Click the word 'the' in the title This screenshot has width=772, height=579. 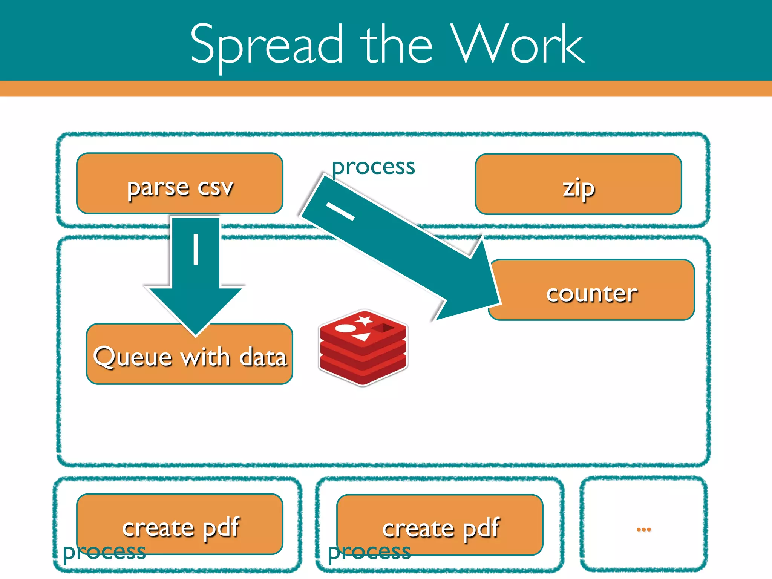tap(396, 44)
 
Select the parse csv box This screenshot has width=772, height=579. tap(179, 184)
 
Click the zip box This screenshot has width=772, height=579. tap(578, 185)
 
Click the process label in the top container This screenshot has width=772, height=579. tap(373, 167)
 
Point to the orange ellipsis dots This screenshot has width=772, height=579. tap(643, 529)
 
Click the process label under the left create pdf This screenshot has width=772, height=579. tap(104, 552)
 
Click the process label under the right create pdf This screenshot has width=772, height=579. tap(369, 552)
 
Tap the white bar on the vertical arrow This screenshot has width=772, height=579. tap(196, 249)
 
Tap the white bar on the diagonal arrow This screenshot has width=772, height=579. tap(340, 211)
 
